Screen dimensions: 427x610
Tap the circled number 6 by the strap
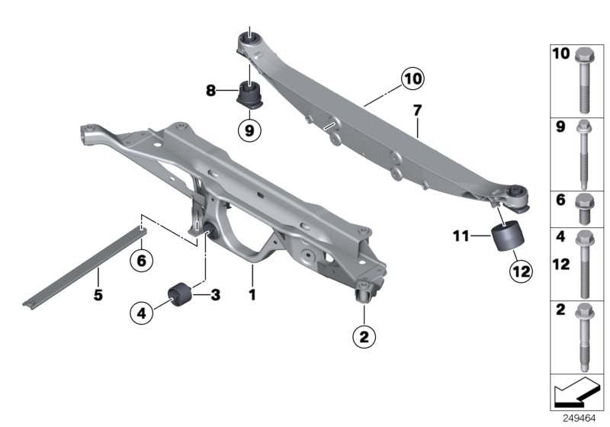click(x=142, y=260)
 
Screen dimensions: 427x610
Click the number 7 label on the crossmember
click(x=417, y=111)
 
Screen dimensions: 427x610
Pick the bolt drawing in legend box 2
click(x=583, y=335)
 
